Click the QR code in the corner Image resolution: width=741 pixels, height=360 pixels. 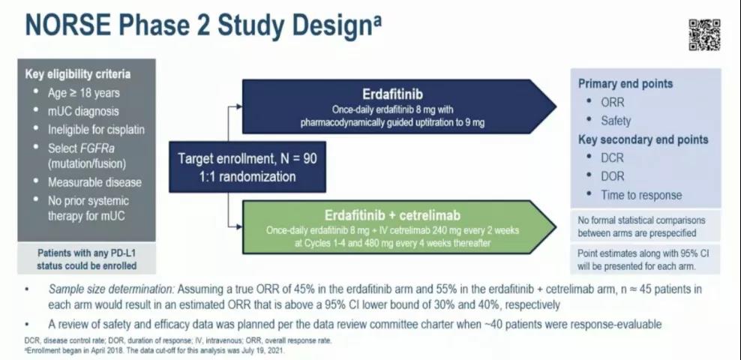704,35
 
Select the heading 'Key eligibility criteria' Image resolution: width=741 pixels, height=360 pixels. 77,74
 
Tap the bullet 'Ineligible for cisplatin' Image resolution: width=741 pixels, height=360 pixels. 96,130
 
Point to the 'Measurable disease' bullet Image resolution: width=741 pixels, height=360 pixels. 94,182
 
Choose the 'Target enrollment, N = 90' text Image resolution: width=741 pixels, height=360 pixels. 247,158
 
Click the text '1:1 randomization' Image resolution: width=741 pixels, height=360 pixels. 247,176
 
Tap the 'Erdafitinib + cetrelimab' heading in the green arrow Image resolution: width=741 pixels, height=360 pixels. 392,215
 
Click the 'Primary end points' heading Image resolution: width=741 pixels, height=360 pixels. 625,83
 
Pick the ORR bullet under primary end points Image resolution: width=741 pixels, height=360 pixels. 613,102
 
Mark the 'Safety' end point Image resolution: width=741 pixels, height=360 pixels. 616,121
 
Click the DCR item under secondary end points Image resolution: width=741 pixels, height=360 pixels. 613,157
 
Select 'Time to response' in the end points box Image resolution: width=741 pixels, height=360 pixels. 641,195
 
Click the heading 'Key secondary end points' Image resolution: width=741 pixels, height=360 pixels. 643,139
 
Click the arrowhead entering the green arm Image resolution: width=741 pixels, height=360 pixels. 239,226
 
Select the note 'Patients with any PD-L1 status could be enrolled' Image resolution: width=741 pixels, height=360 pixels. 86,259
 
